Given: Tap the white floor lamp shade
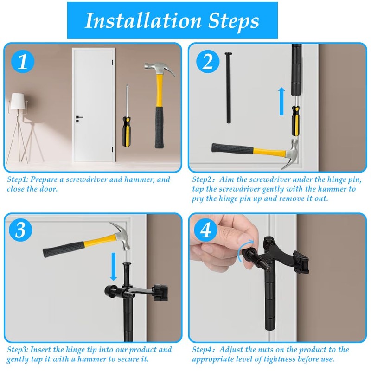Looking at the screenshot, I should (17, 100).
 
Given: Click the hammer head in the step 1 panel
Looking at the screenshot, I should (159, 70).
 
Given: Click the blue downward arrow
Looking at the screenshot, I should (113, 266).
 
